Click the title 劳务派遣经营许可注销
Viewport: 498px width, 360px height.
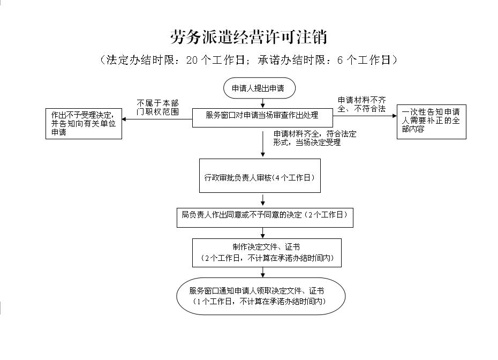point(249,37)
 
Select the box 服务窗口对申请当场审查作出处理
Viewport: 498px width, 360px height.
point(262,115)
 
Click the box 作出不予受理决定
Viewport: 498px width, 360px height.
point(84,123)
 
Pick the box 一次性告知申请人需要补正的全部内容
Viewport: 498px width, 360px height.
point(431,122)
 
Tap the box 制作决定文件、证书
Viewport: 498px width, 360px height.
point(266,252)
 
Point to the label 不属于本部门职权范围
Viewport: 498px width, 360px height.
point(157,107)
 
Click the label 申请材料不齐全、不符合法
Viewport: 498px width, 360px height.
point(361,104)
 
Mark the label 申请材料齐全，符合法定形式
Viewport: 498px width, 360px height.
point(314,138)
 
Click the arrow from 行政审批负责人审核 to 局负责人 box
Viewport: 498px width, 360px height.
point(263,200)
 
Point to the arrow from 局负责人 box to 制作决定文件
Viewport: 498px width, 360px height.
point(263,232)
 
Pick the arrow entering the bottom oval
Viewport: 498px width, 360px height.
point(263,272)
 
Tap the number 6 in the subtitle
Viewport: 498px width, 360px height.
point(340,60)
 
